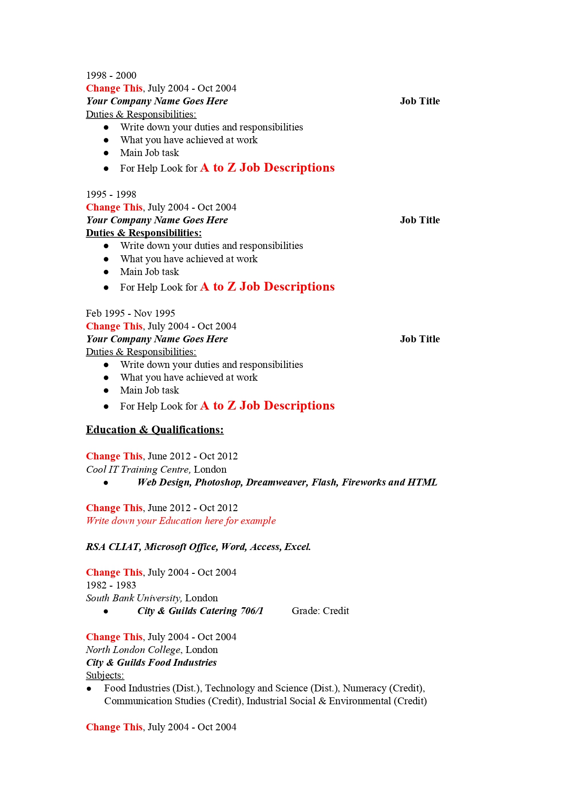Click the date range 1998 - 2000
point(111,76)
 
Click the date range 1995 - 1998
point(111,194)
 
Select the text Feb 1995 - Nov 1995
point(130,313)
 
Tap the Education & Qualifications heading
point(155,430)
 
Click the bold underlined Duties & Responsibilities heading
point(144,233)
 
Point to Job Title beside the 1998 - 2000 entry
point(419,101)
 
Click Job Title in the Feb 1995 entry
point(419,339)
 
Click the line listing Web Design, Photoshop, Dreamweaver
point(287,482)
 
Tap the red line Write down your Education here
point(181,521)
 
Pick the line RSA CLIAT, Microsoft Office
point(198,547)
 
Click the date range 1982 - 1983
point(111,585)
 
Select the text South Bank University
point(134,598)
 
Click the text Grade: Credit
point(320,611)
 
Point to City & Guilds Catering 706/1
point(200,611)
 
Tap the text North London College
point(133,650)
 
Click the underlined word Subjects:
point(105,675)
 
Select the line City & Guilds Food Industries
point(151,663)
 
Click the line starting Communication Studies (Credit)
point(265,701)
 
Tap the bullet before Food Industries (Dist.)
point(89,689)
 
